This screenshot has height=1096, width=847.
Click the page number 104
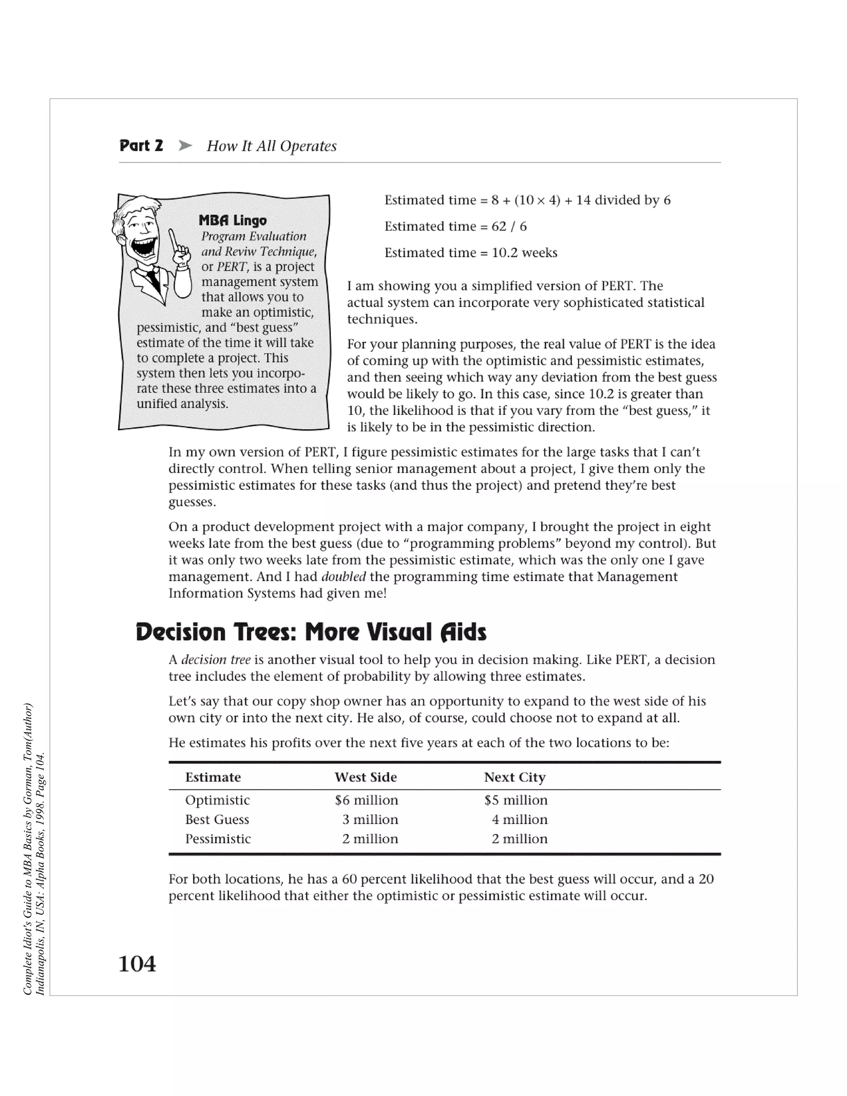pos(137,964)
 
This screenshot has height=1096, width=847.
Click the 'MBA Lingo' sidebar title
pos(232,220)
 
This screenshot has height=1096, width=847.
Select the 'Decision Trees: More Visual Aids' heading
pos(311,632)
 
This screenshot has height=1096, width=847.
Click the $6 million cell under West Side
pos(366,800)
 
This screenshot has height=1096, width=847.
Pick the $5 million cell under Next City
pos(516,800)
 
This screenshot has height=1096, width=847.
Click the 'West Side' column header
pos(365,778)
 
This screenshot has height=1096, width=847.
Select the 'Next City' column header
pos(514,778)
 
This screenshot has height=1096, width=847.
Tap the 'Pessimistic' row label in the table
pos(218,839)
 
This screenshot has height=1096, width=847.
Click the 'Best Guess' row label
pos(217,819)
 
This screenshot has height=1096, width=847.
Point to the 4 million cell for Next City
pos(519,819)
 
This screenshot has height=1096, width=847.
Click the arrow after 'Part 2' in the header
pos(185,146)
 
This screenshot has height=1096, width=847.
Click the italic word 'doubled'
pos(343,577)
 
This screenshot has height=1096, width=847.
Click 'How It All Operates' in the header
pos(271,146)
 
